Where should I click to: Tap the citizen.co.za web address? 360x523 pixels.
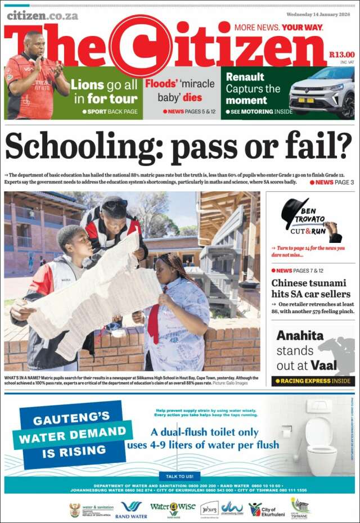coord(42,15)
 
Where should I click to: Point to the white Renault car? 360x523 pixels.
coord(322,92)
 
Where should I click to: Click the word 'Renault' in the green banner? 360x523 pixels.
coord(245,77)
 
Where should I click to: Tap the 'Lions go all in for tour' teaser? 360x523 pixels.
coord(105,92)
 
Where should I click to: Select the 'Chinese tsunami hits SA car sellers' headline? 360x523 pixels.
coord(310,288)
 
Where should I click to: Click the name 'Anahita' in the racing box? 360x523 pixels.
coord(300,336)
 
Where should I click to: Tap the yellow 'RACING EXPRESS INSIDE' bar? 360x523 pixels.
coord(313,381)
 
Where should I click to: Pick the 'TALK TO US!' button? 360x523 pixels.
coord(179,476)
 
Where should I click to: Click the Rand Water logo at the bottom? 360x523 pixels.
coord(131,510)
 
